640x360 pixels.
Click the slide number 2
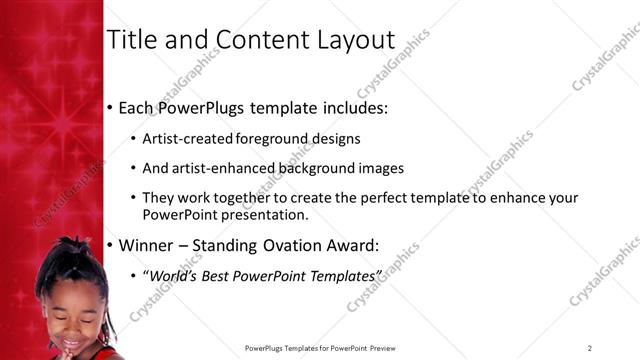pos(590,348)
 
